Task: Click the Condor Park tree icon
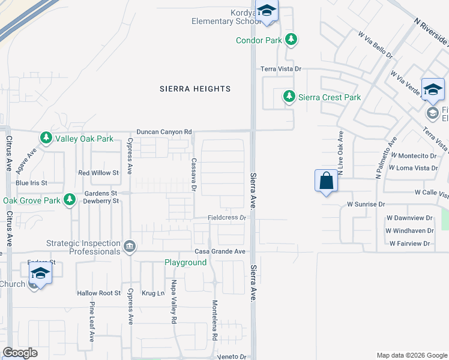click(291, 40)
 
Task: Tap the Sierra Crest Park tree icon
click(289, 97)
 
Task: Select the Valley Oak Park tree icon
click(46, 139)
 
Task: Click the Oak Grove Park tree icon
click(70, 200)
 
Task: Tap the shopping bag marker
click(325, 181)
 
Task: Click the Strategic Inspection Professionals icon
click(129, 247)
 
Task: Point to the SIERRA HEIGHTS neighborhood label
click(195, 89)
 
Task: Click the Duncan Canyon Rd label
click(164, 131)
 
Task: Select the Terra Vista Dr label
click(280, 69)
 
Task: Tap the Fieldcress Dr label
click(228, 218)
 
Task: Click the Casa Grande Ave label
click(219, 251)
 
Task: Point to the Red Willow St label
click(99, 173)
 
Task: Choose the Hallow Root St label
click(99, 293)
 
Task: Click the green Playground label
click(186, 263)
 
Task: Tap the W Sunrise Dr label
click(366, 204)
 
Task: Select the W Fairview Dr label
click(410, 244)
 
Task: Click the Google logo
click(20, 353)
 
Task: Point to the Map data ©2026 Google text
click(411, 355)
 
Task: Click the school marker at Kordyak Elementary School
click(267, 11)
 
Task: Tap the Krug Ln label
click(153, 293)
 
